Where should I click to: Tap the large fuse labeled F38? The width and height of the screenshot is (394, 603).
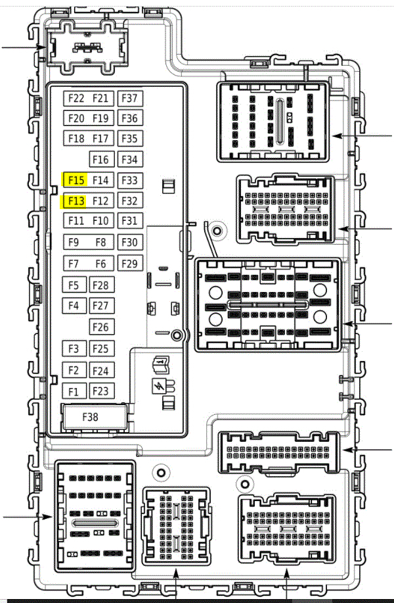point(91,416)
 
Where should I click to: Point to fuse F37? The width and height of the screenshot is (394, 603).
point(130,99)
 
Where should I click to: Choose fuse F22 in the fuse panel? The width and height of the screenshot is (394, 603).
point(76,99)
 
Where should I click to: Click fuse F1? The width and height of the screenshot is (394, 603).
point(74,392)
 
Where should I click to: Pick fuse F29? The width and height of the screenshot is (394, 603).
point(130,264)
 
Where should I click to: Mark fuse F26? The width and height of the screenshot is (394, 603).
point(100,327)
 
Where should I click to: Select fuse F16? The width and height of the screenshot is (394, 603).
point(100,159)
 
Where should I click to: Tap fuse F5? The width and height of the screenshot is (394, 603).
point(74,285)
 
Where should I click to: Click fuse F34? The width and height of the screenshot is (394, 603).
point(130,159)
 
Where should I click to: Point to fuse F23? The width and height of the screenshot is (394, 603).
point(100,391)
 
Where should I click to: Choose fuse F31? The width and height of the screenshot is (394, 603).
point(130,221)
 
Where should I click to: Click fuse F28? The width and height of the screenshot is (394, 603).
point(100,285)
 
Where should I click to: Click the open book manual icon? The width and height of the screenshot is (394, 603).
point(161,363)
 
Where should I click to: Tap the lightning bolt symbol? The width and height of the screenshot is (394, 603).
point(158,387)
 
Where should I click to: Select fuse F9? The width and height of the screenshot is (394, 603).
point(74,243)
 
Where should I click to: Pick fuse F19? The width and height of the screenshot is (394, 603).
point(100,118)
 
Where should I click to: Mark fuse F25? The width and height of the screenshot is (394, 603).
point(100,349)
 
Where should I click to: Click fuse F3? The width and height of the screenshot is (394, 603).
point(74,349)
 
